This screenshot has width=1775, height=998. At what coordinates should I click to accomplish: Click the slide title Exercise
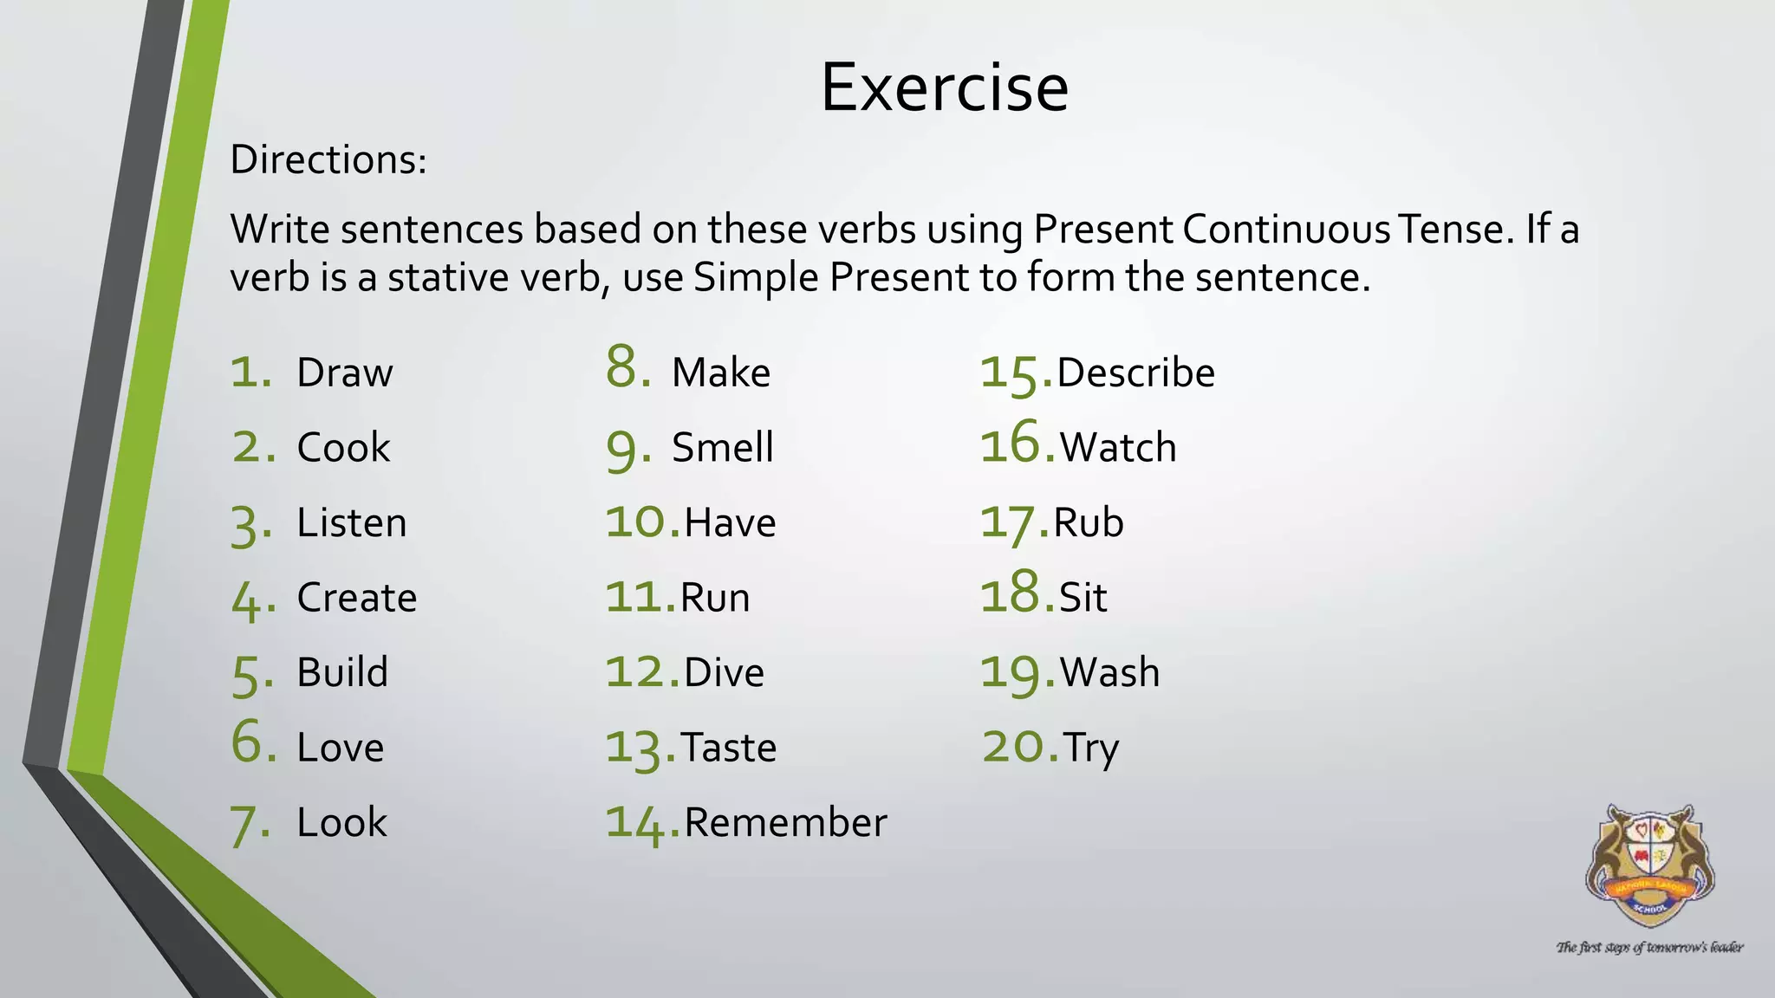pyautogui.click(x=944, y=87)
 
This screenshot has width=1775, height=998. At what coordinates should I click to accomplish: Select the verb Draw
pyautogui.click(x=344, y=373)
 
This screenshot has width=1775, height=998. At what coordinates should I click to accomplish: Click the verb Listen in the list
pyautogui.click(x=351, y=523)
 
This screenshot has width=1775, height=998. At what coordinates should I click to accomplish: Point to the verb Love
pyautogui.click(x=340, y=748)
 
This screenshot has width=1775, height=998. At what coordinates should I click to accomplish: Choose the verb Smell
pyautogui.click(x=722, y=448)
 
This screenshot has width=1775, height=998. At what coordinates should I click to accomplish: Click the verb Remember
pyautogui.click(x=785, y=823)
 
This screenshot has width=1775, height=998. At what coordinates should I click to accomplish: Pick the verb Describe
pyautogui.click(x=1135, y=373)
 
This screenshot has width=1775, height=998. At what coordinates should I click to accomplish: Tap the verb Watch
pyautogui.click(x=1118, y=448)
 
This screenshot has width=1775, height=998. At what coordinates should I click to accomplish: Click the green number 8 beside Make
pyautogui.click(x=627, y=366)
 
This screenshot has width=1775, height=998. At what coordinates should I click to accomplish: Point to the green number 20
pyautogui.click(x=1019, y=747)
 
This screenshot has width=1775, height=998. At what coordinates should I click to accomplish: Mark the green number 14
pyautogui.click(x=641, y=823)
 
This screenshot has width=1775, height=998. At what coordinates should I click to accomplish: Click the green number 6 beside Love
pyautogui.click(x=253, y=743)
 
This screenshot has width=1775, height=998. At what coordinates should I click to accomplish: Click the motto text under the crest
pyautogui.click(x=1649, y=948)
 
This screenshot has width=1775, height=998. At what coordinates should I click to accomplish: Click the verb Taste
pyautogui.click(x=728, y=748)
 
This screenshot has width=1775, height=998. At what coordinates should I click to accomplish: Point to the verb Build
pyautogui.click(x=342, y=673)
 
